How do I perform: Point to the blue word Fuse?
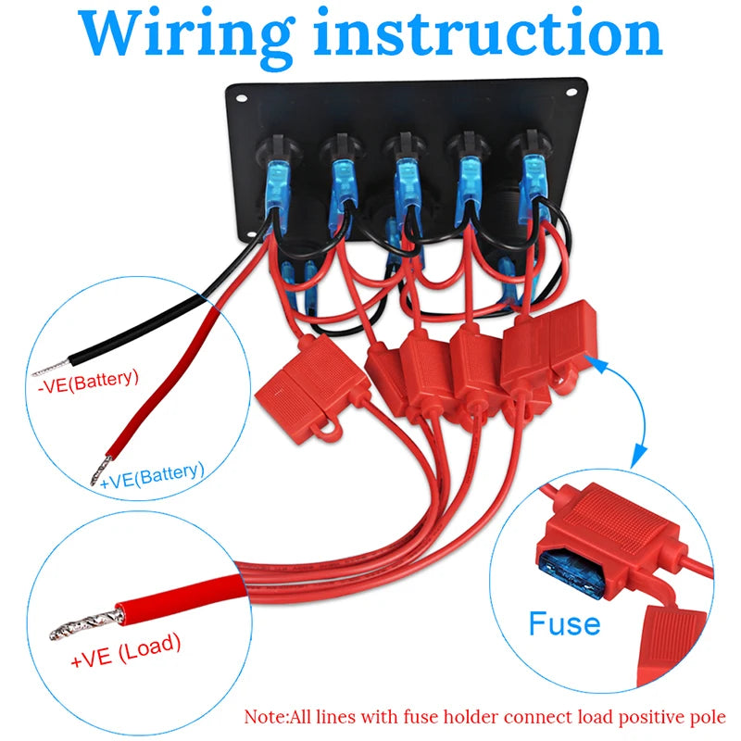point(564,623)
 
